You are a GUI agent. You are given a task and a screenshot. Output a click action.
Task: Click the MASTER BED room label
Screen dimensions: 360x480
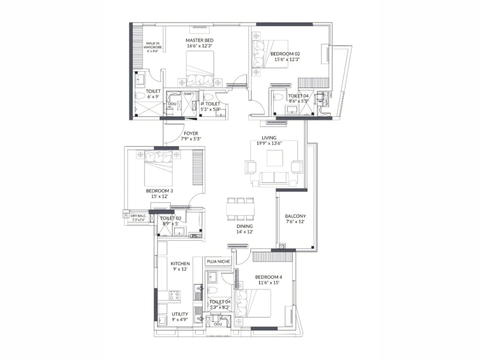(x=199, y=40)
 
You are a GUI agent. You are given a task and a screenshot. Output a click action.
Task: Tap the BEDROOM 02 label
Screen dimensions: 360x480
(x=285, y=54)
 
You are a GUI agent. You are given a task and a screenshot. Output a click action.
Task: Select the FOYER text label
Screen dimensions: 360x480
(x=191, y=133)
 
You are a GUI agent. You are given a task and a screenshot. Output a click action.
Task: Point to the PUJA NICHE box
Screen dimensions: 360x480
(x=218, y=261)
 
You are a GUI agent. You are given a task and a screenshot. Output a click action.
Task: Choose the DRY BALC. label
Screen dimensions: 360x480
(x=138, y=216)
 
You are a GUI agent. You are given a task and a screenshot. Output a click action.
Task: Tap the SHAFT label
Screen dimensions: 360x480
(x=189, y=94)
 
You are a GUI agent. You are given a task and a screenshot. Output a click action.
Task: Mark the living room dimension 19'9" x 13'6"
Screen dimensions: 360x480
(x=269, y=143)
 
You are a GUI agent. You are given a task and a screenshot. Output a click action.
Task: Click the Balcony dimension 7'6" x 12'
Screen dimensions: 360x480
(x=295, y=222)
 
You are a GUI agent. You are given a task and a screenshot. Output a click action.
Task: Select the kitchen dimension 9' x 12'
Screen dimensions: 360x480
(x=180, y=269)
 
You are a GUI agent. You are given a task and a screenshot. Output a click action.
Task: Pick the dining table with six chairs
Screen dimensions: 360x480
(x=241, y=209)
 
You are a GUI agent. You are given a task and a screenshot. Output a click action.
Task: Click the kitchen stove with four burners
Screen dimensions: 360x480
(x=175, y=295)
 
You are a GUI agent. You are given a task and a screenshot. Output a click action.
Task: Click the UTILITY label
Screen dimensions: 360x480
(x=180, y=314)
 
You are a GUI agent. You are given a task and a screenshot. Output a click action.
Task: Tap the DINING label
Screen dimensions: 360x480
(x=244, y=226)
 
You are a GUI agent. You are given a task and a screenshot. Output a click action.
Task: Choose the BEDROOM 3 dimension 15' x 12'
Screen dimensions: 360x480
(x=159, y=196)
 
